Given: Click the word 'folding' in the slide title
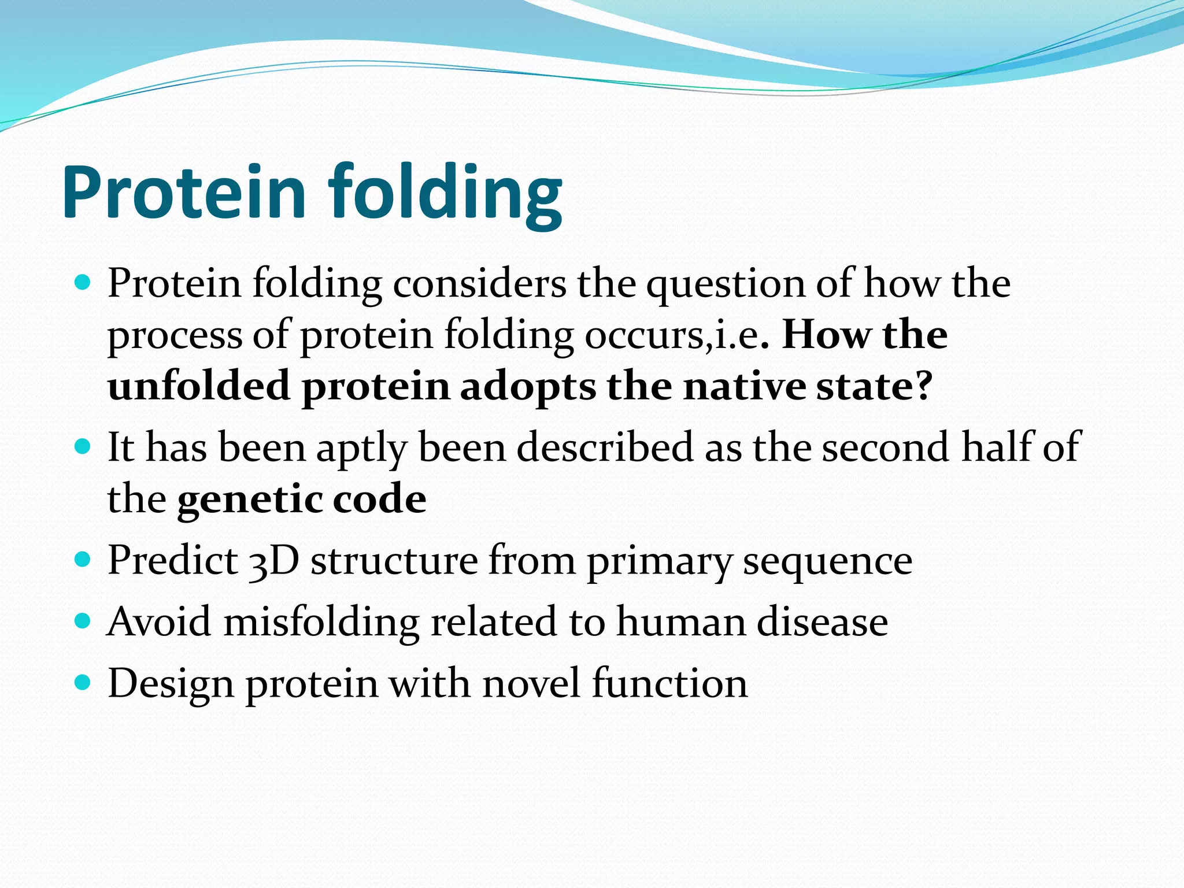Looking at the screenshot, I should (x=445, y=194).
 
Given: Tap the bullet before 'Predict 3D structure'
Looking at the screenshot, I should (x=83, y=560).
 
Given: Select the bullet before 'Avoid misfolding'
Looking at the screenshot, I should (x=83, y=621).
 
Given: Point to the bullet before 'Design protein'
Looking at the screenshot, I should (x=83, y=683).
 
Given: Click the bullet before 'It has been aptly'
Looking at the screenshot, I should (x=83, y=447).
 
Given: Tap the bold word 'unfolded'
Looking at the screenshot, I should (x=199, y=386).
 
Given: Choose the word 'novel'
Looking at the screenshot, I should (x=531, y=683).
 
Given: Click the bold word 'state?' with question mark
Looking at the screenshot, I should (x=874, y=386).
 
